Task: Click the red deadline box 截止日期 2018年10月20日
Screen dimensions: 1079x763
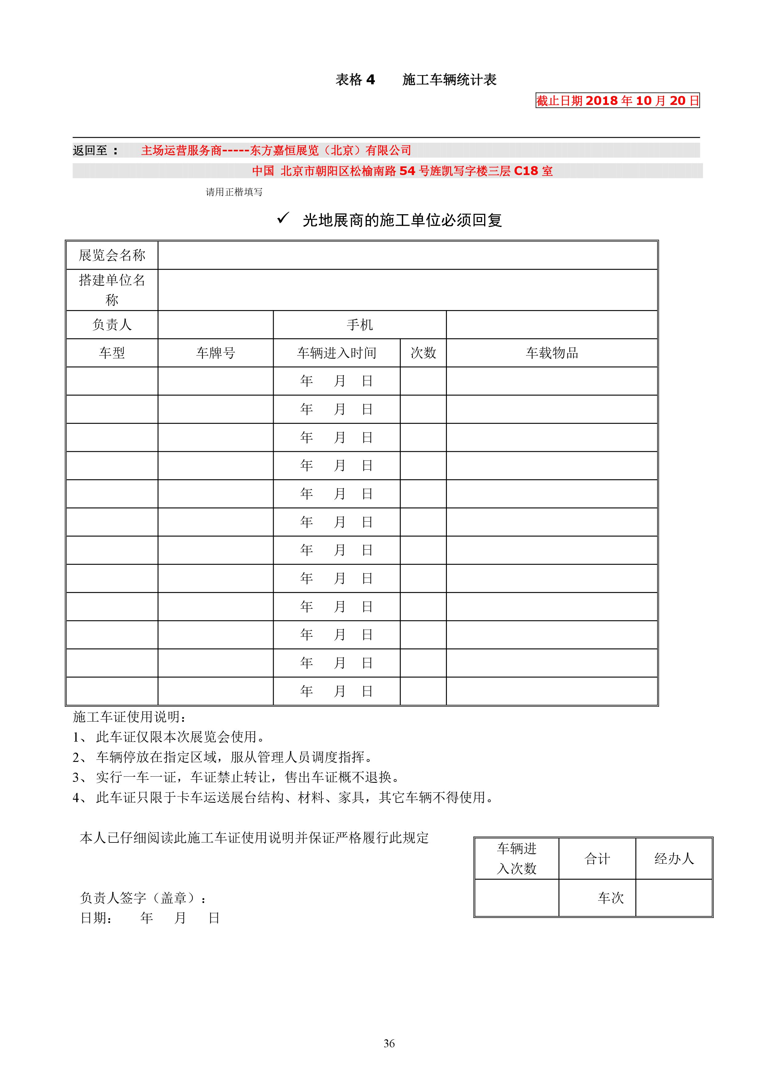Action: click(x=617, y=101)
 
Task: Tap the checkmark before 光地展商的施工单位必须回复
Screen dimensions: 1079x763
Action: click(x=283, y=218)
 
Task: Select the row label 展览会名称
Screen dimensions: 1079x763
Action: click(x=112, y=255)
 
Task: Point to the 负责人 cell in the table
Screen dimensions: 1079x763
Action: click(x=112, y=325)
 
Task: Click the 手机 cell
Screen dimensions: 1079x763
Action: click(x=360, y=325)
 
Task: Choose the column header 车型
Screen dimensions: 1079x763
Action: click(x=112, y=353)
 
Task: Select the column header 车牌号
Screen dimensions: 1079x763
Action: click(x=215, y=353)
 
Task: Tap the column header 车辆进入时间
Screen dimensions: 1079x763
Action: click(x=336, y=353)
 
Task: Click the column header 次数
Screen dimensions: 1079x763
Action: click(x=423, y=353)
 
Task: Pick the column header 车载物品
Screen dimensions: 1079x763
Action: click(x=552, y=353)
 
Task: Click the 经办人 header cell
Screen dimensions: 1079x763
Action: click(x=674, y=859)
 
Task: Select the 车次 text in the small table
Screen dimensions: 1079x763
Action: click(x=610, y=898)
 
